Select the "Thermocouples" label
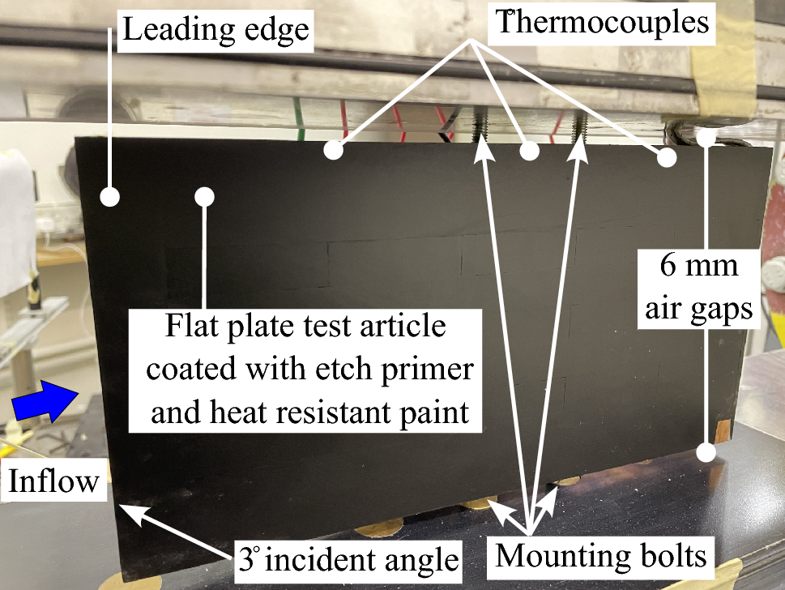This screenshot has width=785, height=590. tap(602, 22)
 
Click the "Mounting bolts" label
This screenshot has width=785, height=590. tap(601, 557)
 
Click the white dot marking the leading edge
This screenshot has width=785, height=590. tap(109, 196)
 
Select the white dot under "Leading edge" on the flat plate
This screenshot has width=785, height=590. tap(204, 196)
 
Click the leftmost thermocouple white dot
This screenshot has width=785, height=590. tap(332, 150)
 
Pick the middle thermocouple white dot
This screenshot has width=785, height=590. tap(529, 150)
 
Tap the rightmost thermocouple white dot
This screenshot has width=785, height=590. tap(666, 157)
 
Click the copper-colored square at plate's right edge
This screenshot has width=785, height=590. tap(724, 428)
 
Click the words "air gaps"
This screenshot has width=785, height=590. tap(704, 308)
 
